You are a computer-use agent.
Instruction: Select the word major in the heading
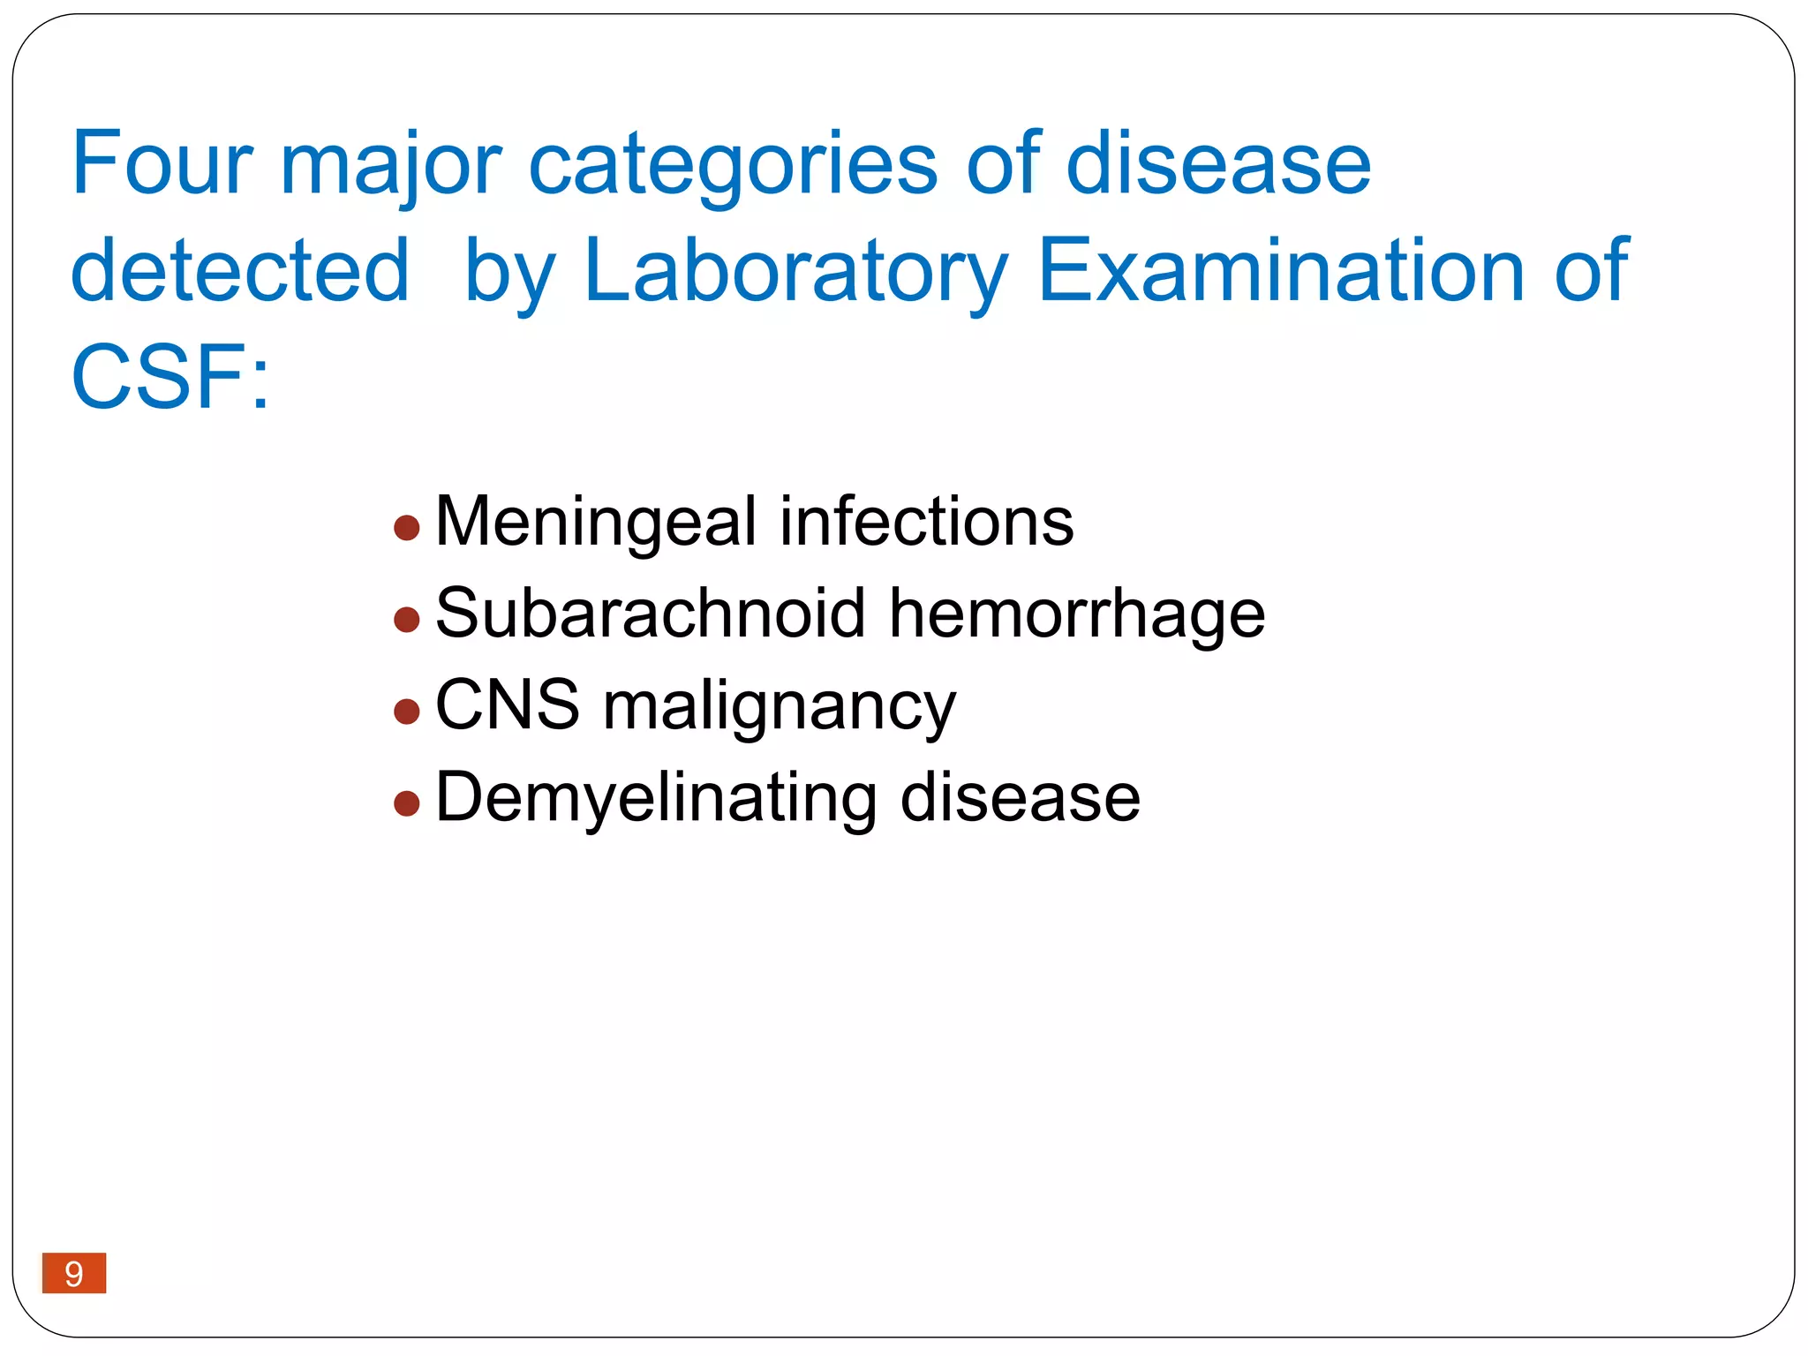(390, 166)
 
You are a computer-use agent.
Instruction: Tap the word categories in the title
(732, 166)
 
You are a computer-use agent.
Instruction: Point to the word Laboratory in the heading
(795, 272)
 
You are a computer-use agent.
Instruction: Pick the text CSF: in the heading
(169, 378)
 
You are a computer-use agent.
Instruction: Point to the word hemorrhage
(1076, 614)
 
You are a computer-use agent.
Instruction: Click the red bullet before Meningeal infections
(406, 529)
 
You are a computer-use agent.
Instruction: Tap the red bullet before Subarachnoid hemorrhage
(406, 620)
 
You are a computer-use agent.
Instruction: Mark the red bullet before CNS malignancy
(406, 712)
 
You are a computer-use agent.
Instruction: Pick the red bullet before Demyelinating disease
(406, 803)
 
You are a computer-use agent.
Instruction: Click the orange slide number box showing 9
(74, 1273)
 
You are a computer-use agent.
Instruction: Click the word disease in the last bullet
(1020, 797)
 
